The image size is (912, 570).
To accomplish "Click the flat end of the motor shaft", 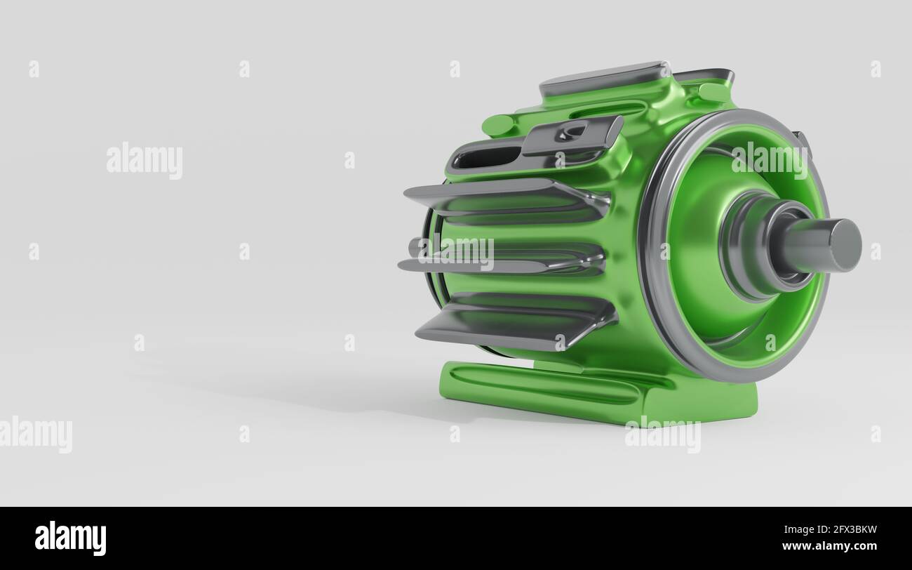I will pos(846,245).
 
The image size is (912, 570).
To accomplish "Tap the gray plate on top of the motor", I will pos(603,77).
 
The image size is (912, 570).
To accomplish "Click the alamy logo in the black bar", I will pos(71,538).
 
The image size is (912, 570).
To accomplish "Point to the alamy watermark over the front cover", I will pos(769,160).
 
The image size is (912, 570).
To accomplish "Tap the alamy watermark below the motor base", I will pos(662,434).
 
